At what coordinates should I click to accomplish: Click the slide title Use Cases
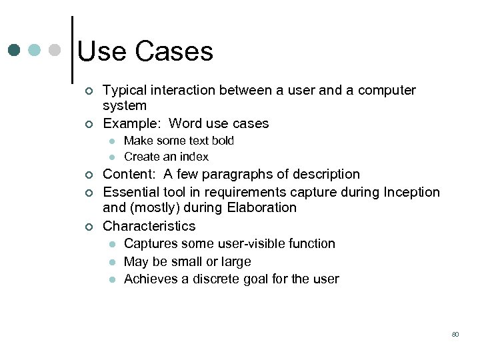pos(145,51)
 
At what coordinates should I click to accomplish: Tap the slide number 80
pos(455,334)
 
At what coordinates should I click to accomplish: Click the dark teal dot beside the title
pos(15,50)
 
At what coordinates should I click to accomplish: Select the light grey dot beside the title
pos(55,50)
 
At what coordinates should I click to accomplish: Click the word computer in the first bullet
pos(387,90)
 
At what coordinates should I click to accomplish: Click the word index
pos(194,157)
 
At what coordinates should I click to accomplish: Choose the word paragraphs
pos(232,175)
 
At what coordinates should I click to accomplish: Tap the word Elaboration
pos(262,208)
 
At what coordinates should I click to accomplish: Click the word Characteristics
pos(149,226)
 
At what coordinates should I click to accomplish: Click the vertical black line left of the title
pos(71,50)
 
